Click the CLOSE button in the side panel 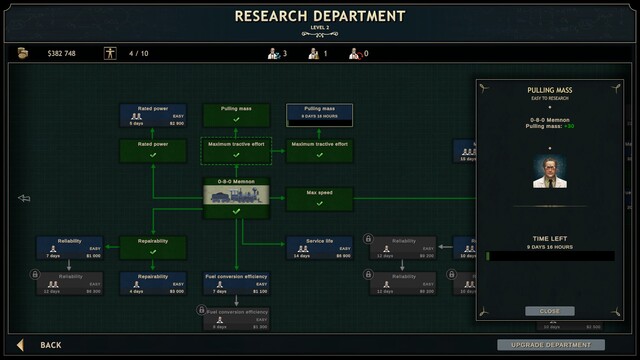[x=550, y=310]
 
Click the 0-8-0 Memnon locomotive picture [x=236, y=198]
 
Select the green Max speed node [x=319, y=197]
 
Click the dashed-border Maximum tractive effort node [x=236, y=150]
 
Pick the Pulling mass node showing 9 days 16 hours [x=319, y=113]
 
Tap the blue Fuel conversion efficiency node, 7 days [x=236, y=283]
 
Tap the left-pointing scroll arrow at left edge [x=24, y=198]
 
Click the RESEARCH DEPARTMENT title [x=319, y=16]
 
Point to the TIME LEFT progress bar [x=549, y=256]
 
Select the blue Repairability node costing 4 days [x=152, y=283]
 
